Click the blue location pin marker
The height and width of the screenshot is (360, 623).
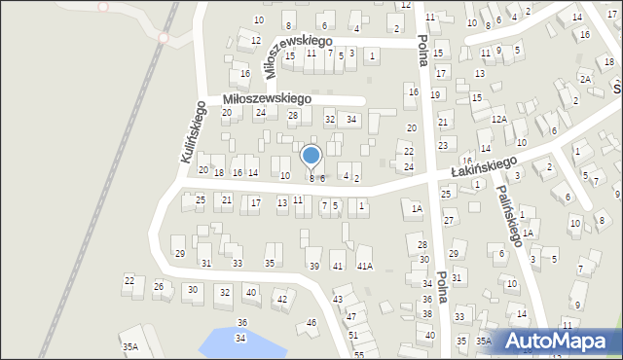pos(311,157)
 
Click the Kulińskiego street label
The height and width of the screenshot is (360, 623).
pos(193,131)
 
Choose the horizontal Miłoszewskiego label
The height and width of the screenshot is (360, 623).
pos(267,98)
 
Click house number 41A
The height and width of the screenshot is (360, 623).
pos(364,266)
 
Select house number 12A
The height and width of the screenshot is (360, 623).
pos(499,119)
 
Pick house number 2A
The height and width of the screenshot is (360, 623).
pos(585,79)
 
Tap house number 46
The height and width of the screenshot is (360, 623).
pos(311,322)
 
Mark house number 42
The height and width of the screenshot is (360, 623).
pos(282,299)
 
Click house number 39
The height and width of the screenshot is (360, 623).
pos(313,266)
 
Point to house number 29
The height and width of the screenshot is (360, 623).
pos(179,253)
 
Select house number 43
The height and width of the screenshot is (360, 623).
pos(338,299)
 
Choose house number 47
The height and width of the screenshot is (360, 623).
pos(350,316)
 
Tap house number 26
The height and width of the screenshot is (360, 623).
pos(159,286)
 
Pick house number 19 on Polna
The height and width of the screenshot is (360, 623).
pos(435,94)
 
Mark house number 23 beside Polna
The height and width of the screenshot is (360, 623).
pos(443,145)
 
